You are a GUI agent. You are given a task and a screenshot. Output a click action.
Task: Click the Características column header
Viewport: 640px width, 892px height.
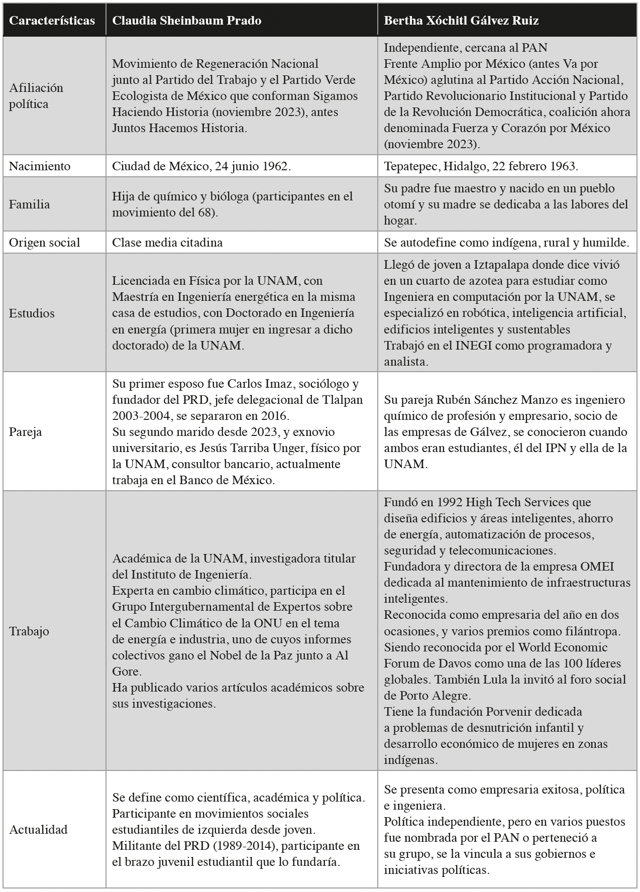point(52,21)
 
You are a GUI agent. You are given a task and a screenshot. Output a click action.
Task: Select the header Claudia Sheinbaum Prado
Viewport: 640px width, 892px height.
point(186,21)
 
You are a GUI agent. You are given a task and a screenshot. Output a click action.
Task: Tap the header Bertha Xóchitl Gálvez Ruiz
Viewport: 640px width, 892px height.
point(461,21)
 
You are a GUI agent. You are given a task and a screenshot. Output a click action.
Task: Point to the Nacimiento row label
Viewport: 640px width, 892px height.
point(40,166)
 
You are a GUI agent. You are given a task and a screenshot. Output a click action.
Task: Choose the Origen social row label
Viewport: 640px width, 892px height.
point(44,243)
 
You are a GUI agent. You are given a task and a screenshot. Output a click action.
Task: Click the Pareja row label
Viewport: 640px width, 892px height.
point(26,432)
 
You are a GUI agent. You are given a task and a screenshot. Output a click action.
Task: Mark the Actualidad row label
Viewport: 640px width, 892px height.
point(38,829)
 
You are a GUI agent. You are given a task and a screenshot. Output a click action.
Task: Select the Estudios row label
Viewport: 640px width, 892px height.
point(32,313)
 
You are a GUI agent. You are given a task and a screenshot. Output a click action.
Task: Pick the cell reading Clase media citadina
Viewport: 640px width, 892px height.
point(167,243)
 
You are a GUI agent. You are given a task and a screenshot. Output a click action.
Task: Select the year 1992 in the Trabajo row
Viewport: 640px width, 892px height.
point(449,502)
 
